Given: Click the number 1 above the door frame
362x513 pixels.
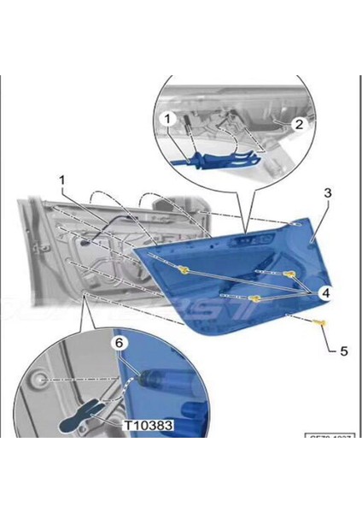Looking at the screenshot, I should tap(62, 180).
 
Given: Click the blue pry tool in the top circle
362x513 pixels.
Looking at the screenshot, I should tap(213, 159).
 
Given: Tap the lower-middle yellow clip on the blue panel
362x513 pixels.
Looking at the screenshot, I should tap(254, 298).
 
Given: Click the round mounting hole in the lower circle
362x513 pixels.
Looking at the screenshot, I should tap(41, 377).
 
